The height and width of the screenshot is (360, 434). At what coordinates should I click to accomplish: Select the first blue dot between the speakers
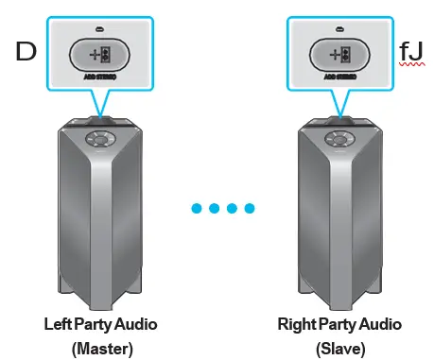[x=195, y=207]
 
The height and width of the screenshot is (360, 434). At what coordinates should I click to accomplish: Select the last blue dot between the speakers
[x=249, y=207]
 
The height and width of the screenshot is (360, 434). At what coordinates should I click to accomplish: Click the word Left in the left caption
[x=58, y=324]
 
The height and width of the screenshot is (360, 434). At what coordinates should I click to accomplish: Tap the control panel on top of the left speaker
[x=99, y=138]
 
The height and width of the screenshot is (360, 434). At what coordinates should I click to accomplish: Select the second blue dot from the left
[x=213, y=207]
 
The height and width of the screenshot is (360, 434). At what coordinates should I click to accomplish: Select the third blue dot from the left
[x=231, y=207]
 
